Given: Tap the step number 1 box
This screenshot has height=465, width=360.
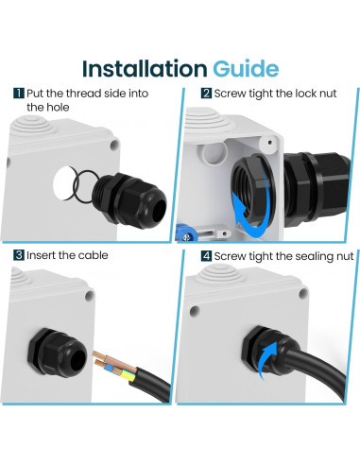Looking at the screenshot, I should click(x=19, y=94).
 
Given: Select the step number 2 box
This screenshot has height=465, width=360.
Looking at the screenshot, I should click(x=206, y=94).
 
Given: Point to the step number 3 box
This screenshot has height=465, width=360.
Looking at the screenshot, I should click(x=19, y=255).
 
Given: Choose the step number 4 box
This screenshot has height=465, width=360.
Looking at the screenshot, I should click(x=206, y=255).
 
